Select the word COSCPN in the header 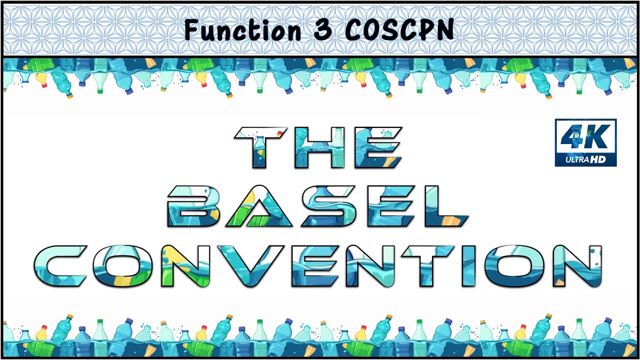tap(399, 30)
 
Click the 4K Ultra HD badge tap(585, 142)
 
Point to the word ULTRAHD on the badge tap(585, 160)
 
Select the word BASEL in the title tap(317, 206)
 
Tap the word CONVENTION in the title tap(324, 266)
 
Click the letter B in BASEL tap(192, 206)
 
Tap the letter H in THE tap(318, 147)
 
